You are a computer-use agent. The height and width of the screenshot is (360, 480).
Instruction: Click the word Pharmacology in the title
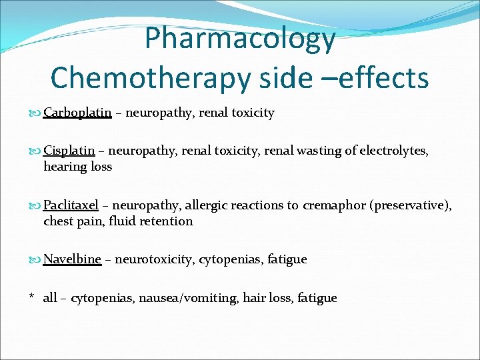click(x=240, y=38)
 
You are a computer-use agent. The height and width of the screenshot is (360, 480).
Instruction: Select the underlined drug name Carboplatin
click(x=77, y=113)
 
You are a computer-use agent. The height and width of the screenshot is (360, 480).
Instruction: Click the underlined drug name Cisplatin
click(x=69, y=151)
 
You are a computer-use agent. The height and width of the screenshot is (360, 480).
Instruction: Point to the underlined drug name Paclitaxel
click(x=71, y=205)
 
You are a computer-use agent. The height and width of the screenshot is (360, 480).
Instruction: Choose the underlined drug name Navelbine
click(x=72, y=259)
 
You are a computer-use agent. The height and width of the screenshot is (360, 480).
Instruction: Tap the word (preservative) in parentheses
click(x=410, y=205)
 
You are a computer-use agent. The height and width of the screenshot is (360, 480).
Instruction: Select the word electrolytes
click(x=394, y=151)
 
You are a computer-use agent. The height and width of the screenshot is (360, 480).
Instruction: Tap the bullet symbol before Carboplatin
click(x=36, y=113)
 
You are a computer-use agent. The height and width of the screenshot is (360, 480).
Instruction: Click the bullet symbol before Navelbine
click(x=36, y=260)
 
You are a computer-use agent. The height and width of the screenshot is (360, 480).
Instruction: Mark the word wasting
click(x=321, y=151)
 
